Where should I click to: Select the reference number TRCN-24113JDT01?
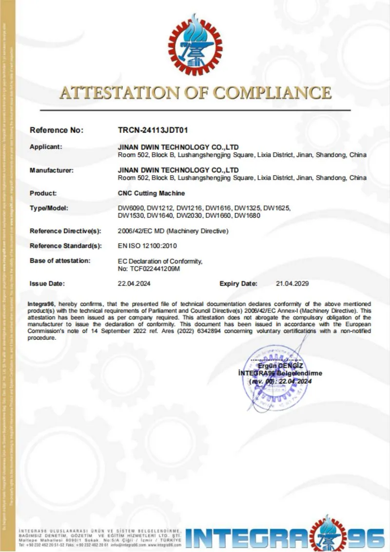tap(153, 130)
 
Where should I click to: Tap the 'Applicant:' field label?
tap(46, 146)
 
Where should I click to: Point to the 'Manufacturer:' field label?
tap(52, 170)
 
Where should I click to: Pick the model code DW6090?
tap(131, 208)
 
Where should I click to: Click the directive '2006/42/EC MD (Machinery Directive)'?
tap(173, 231)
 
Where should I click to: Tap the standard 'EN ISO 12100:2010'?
tap(147, 245)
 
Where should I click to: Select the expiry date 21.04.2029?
tap(292, 284)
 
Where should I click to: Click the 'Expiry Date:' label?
tap(238, 284)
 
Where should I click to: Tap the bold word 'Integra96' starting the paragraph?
tap(41, 304)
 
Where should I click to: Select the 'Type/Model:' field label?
tap(49, 208)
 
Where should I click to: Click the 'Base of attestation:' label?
tap(60, 261)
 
